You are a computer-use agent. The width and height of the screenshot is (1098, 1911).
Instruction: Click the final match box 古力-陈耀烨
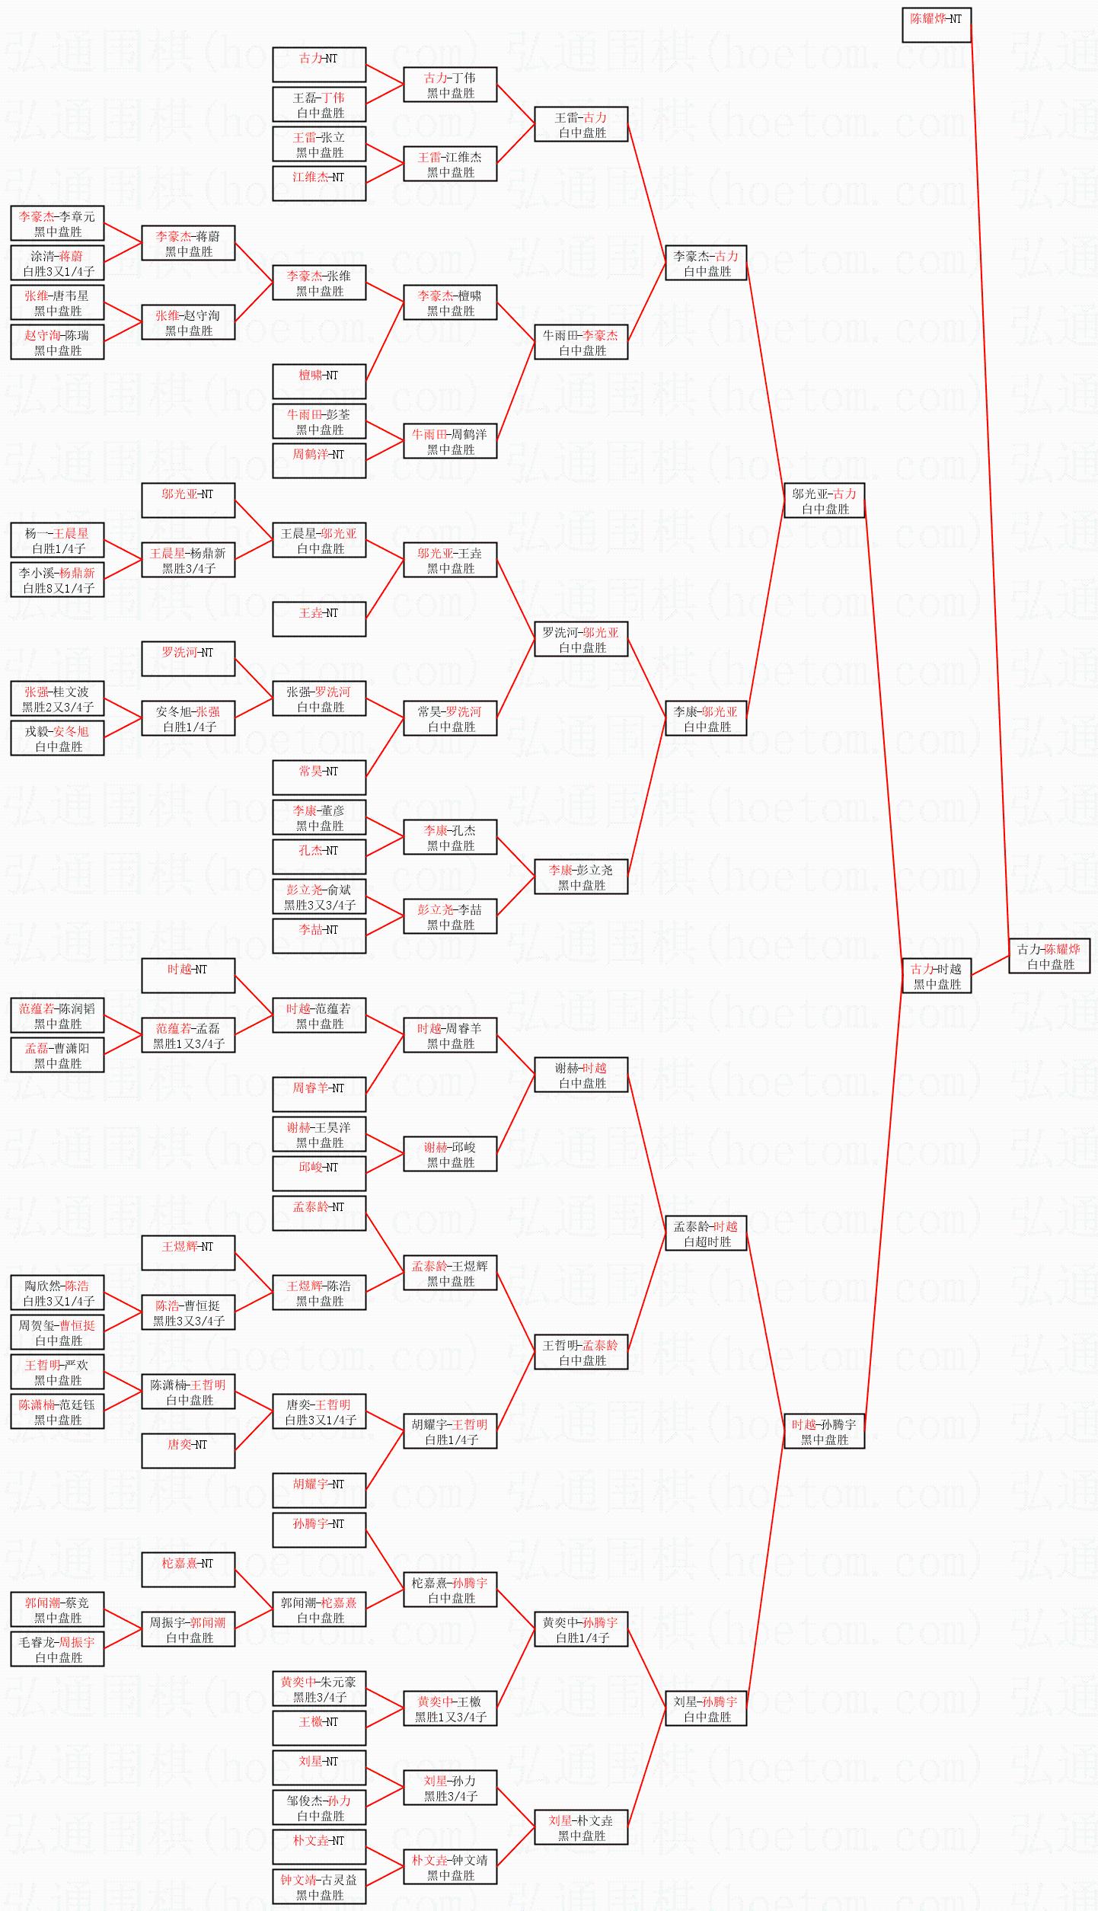(1049, 956)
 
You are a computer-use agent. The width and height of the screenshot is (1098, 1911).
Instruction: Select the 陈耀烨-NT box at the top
(936, 25)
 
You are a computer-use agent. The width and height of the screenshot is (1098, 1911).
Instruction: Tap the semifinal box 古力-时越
(936, 976)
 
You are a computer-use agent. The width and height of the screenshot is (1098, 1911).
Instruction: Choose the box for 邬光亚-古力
(824, 500)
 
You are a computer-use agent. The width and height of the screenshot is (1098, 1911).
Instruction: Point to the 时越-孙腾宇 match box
(824, 1431)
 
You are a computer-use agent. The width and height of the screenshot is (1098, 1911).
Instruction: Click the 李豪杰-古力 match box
(706, 263)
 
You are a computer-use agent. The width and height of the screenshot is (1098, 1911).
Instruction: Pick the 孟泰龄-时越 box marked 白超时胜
(706, 1233)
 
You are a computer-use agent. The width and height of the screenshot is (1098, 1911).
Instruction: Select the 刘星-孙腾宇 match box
(706, 1708)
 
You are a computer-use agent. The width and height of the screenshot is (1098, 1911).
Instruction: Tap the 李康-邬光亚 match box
(706, 718)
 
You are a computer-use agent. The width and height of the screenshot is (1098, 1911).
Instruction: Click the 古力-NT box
(319, 65)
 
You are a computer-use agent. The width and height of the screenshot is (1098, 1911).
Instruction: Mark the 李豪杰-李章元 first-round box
(57, 223)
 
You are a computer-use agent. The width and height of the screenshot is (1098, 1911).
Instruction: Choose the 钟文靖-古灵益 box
(319, 1887)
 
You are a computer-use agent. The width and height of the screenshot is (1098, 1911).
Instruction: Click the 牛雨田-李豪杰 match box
(581, 342)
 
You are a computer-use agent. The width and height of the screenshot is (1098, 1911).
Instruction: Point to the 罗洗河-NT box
(188, 659)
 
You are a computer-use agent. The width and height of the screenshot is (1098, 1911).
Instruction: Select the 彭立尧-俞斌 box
(319, 896)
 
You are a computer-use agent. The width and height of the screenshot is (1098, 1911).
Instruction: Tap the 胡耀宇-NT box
(319, 1491)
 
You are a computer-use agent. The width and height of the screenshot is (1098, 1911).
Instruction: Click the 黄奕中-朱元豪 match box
(319, 1689)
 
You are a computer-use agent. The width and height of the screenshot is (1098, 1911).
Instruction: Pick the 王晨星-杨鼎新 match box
(188, 560)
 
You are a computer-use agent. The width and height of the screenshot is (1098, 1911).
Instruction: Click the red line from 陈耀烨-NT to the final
(990, 487)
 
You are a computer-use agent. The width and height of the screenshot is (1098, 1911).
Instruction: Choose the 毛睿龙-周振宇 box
(57, 1649)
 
